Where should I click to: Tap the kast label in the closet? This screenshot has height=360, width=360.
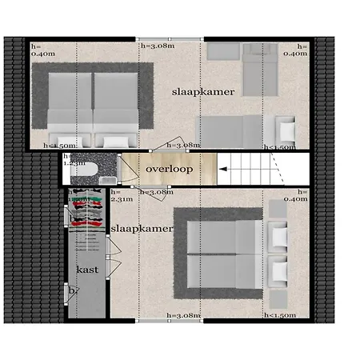[x=88, y=270]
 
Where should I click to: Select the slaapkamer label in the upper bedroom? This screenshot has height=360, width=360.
[x=203, y=92]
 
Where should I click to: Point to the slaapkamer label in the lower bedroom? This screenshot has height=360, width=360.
[x=142, y=229]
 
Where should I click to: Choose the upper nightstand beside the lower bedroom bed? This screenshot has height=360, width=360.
[x=278, y=236]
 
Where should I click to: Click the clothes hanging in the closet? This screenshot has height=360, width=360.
[x=86, y=210]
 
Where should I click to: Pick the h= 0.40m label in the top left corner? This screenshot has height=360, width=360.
[x=42, y=50]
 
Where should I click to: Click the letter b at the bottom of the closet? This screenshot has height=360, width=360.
[x=72, y=290]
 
